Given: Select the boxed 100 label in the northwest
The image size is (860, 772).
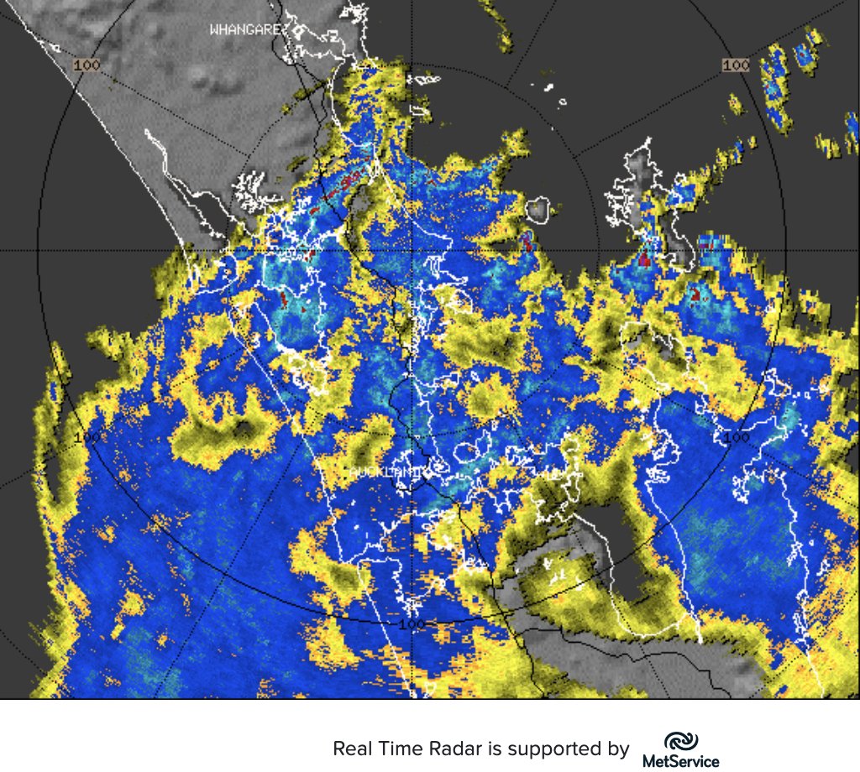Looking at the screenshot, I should click(x=87, y=65).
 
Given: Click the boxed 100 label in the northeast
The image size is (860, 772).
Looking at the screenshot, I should click(x=736, y=65).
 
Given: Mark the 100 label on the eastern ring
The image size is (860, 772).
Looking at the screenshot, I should click(x=736, y=437).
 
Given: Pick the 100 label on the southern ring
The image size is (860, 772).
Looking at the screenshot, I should click(x=412, y=624).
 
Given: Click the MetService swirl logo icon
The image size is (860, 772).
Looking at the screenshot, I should click(x=680, y=742).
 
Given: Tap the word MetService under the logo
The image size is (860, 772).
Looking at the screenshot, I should click(x=680, y=761).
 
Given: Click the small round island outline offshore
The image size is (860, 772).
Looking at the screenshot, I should click(x=537, y=210).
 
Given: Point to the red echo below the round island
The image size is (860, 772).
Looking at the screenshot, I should click(x=527, y=243).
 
